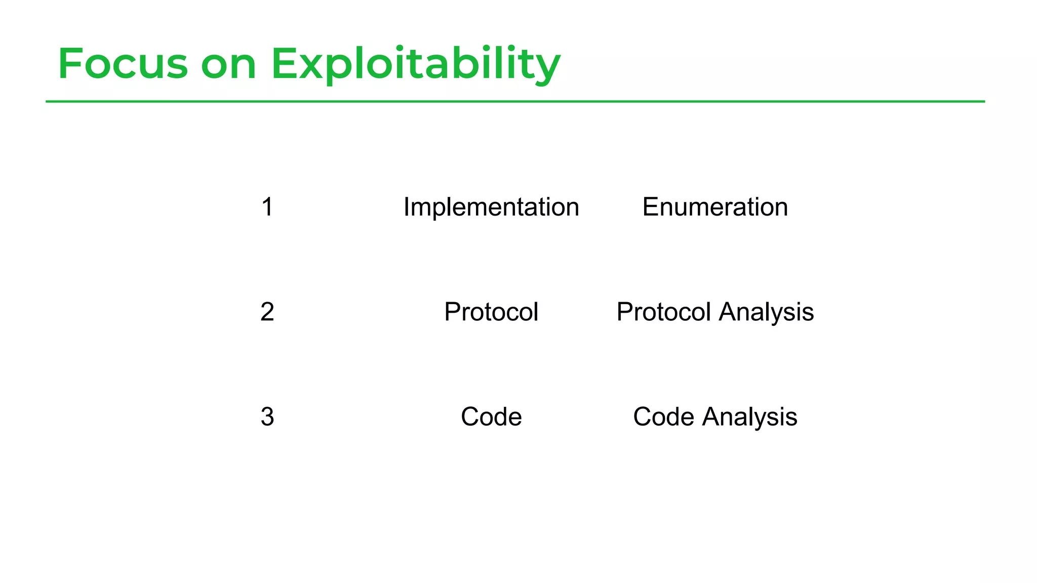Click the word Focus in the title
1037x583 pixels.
[123, 64]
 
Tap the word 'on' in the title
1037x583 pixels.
[228, 65]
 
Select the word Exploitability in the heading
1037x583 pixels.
[415, 65]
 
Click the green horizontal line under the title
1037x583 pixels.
[515, 102]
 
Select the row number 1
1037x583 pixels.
[267, 207]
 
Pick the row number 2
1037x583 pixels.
[267, 312]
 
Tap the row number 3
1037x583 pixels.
[267, 417]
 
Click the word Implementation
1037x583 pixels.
[491, 207]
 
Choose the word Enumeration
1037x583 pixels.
[715, 207]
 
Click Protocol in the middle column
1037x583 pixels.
[491, 312]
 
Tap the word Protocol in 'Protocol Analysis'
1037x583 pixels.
[664, 312]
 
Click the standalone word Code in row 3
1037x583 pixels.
[491, 417]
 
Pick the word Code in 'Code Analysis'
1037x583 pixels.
[663, 417]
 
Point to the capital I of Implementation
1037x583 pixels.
[406, 207]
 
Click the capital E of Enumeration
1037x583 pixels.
[650, 207]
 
